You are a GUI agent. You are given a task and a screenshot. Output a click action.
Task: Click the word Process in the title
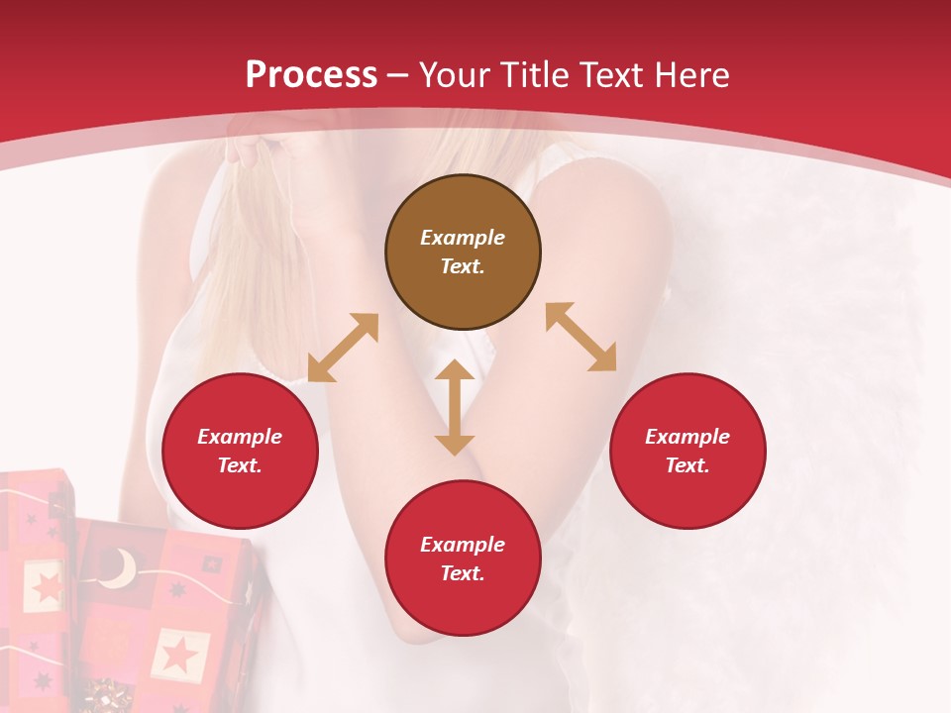311,75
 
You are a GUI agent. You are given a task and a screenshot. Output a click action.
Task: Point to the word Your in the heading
456,75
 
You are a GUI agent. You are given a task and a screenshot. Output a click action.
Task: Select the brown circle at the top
463,253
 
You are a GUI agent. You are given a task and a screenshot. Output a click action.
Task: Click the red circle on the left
240,452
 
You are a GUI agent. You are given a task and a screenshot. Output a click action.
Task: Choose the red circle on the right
687,452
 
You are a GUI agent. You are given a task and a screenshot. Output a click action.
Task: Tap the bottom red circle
463,559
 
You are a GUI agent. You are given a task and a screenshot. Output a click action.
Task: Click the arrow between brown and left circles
343,348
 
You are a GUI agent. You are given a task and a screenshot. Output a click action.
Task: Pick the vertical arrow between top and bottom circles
455,407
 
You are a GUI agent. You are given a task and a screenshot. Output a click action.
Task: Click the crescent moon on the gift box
121,568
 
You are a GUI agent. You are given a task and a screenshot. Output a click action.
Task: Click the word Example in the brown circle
463,238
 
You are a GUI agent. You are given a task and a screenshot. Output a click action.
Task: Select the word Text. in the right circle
687,465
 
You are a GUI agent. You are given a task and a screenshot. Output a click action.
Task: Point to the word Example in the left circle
240,437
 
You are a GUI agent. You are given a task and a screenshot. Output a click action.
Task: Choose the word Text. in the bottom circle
463,573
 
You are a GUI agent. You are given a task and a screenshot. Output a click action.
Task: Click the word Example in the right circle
687,437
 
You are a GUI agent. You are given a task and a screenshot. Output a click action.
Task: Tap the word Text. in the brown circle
463,266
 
